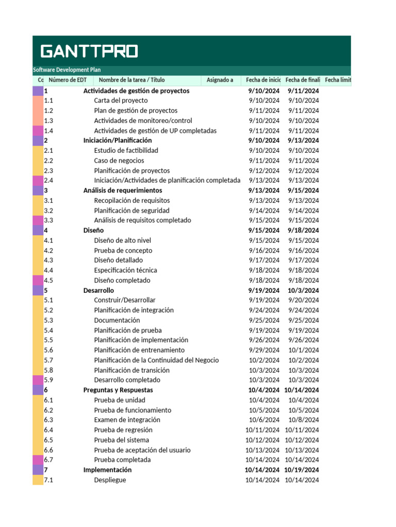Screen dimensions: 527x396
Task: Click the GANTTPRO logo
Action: click(x=89, y=51)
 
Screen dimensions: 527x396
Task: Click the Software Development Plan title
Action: click(x=67, y=70)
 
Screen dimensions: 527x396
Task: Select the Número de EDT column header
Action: click(x=68, y=80)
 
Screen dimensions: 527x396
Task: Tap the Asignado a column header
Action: click(x=220, y=80)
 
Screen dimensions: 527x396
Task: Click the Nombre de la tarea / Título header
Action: click(x=131, y=80)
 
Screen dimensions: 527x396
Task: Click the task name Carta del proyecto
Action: click(x=121, y=100)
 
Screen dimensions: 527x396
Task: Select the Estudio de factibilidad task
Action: click(x=126, y=150)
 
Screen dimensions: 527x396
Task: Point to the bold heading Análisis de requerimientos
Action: click(x=122, y=190)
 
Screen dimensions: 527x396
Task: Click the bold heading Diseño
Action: click(x=93, y=231)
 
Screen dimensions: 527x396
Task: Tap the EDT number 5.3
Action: click(x=48, y=320)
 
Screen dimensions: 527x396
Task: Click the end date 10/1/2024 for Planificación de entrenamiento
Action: click(x=303, y=350)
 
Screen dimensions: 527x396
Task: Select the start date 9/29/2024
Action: click(x=264, y=350)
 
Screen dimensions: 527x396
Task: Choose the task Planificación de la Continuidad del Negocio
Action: click(x=156, y=360)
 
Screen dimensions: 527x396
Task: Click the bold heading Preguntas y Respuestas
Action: click(x=118, y=390)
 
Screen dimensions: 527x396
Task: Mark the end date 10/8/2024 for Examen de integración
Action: click(x=303, y=420)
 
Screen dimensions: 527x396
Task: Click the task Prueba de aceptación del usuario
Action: click(x=142, y=450)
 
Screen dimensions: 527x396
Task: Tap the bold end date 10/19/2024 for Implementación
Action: click(x=302, y=470)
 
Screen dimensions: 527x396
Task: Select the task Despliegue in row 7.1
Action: click(x=110, y=480)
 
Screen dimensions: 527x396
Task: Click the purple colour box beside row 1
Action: click(x=38, y=91)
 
